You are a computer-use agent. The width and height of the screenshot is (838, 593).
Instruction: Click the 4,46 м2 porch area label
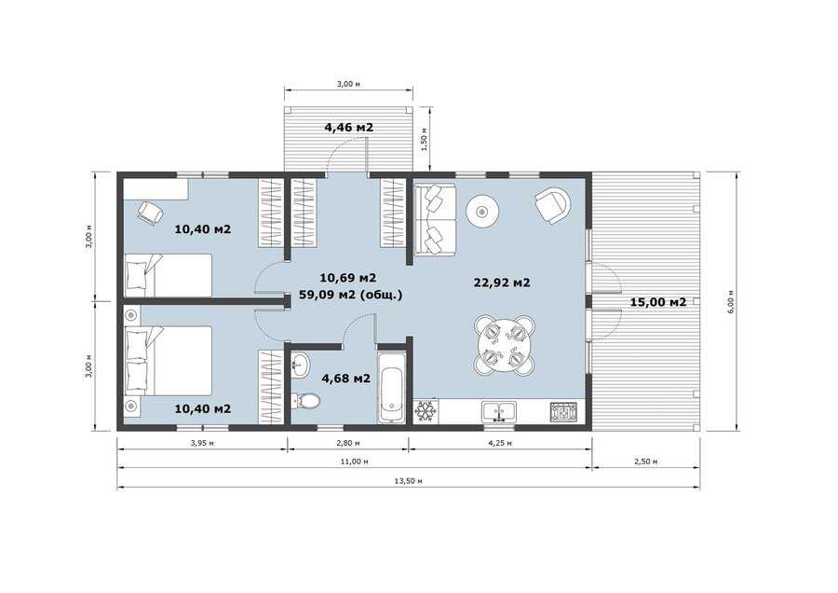click(348, 128)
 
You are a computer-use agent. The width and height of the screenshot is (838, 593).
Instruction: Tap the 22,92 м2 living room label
click(502, 283)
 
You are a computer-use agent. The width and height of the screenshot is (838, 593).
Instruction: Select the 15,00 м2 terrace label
click(658, 302)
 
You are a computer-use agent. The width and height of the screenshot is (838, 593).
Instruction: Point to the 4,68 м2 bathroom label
click(345, 379)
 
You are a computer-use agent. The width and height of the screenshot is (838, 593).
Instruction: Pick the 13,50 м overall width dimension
click(409, 480)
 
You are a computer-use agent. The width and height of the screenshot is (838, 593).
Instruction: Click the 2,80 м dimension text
click(348, 443)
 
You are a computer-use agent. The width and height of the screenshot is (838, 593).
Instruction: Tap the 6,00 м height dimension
click(731, 300)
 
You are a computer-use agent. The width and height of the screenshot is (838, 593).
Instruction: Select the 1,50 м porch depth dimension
click(424, 139)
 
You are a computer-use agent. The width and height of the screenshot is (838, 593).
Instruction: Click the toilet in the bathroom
click(305, 400)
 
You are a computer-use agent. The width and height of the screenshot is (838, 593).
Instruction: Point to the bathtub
click(393, 389)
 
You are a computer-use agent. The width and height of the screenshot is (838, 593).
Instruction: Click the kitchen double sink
click(499, 412)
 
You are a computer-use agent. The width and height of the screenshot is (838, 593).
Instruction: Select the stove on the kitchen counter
click(564, 411)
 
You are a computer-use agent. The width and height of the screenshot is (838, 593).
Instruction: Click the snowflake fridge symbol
click(426, 411)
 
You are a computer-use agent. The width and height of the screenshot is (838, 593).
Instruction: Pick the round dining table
click(504, 345)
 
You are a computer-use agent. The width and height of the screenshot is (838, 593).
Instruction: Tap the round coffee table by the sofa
click(482, 212)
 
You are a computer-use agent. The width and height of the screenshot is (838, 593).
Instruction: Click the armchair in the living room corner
click(553, 204)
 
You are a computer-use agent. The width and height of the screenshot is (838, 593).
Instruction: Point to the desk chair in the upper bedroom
click(150, 213)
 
